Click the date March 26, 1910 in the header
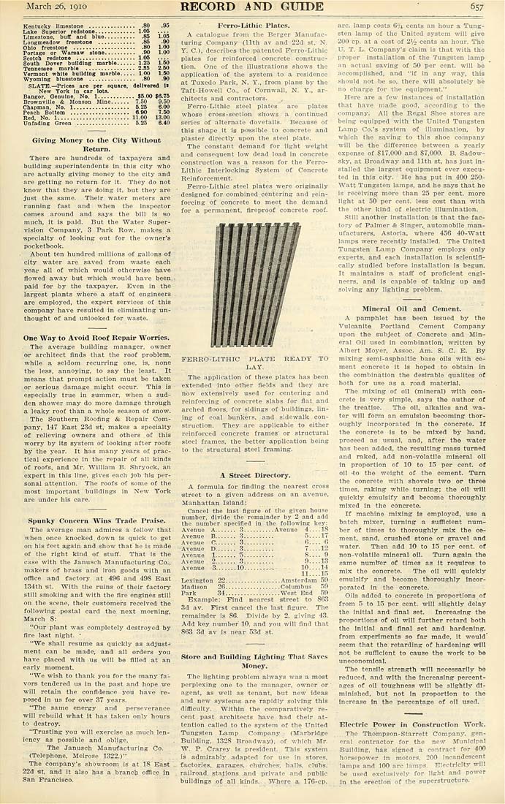[x=53, y=7]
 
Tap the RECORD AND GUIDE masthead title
[x=253, y=7]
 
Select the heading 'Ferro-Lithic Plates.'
[x=248, y=26]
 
